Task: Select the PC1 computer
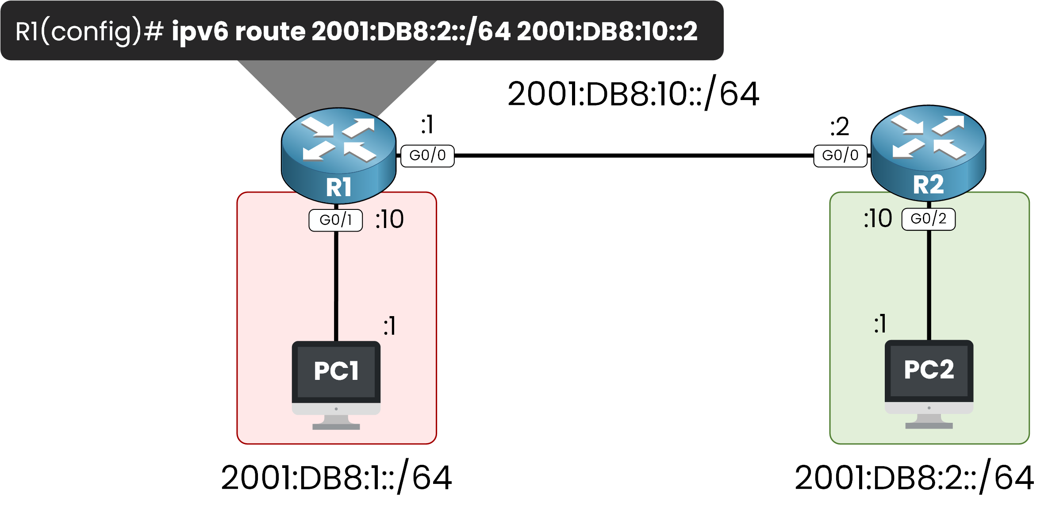click(336, 383)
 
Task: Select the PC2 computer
click(929, 383)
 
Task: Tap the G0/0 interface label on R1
click(427, 155)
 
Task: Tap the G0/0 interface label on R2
click(840, 155)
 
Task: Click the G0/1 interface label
click(335, 220)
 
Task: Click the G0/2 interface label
click(928, 219)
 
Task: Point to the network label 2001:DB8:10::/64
click(633, 94)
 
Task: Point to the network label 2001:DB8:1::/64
click(336, 478)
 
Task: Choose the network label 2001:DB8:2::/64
click(914, 478)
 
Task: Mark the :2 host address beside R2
click(839, 127)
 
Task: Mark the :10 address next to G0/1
click(389, 219)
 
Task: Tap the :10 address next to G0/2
click(878, 219)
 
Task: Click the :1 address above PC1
click(389, 326)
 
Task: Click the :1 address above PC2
click(880, 324)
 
